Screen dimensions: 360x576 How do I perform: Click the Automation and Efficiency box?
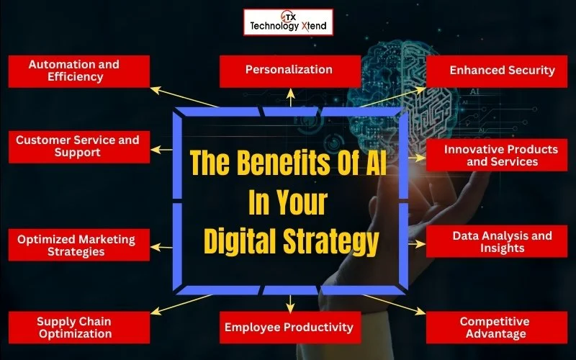click(79, 71)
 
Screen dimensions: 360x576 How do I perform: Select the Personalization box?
click(289, 70)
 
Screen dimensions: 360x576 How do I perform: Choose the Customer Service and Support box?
click(79, 146)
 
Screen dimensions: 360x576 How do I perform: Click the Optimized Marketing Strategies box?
click(79, 245)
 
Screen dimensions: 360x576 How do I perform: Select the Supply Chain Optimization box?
click(79, 328)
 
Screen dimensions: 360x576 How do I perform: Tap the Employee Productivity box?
click(289, 328)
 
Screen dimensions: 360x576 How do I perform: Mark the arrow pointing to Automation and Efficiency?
click(187, 98)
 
